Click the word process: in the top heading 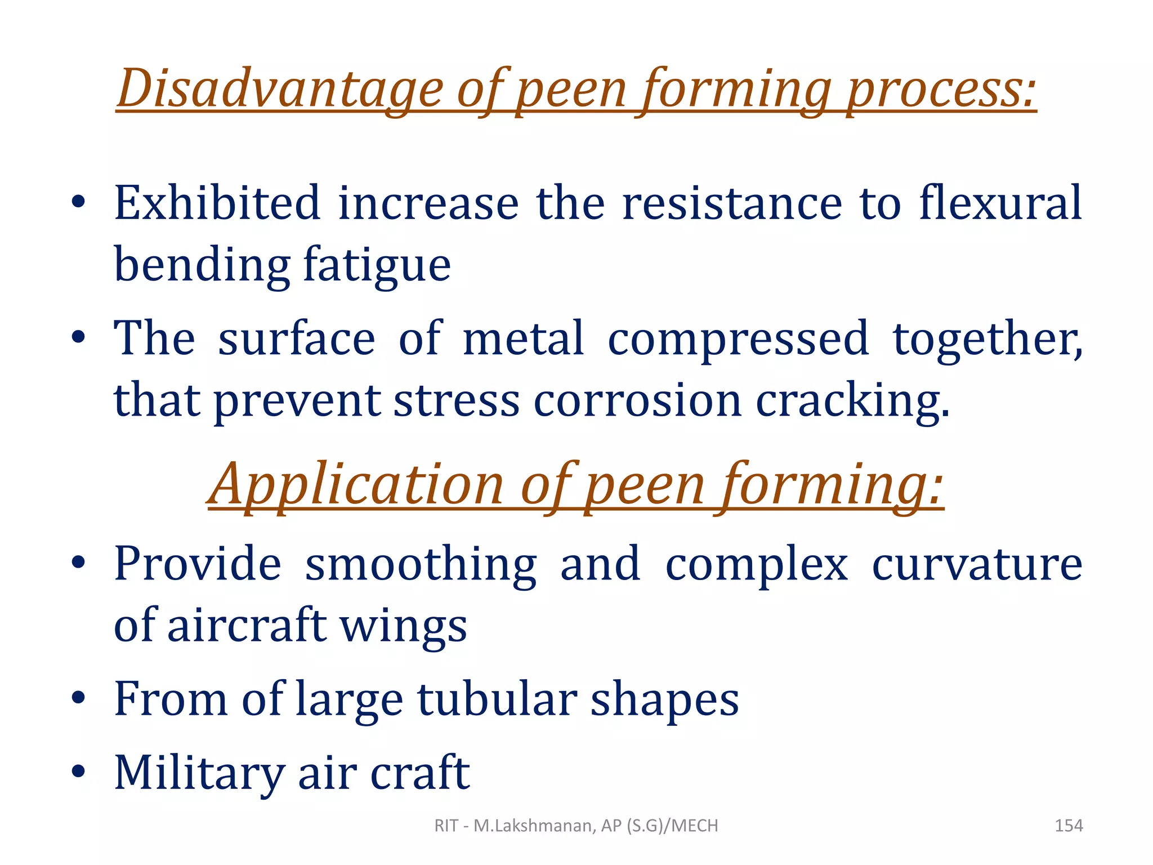(x=941, y=89)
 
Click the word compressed (x=738, y=339)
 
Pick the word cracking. (x=852, y=401)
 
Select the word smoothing (x=421, y=564)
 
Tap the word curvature (x=977, y=564)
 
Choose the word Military (x=199, y=773)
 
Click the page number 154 (x=1068, y=826)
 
